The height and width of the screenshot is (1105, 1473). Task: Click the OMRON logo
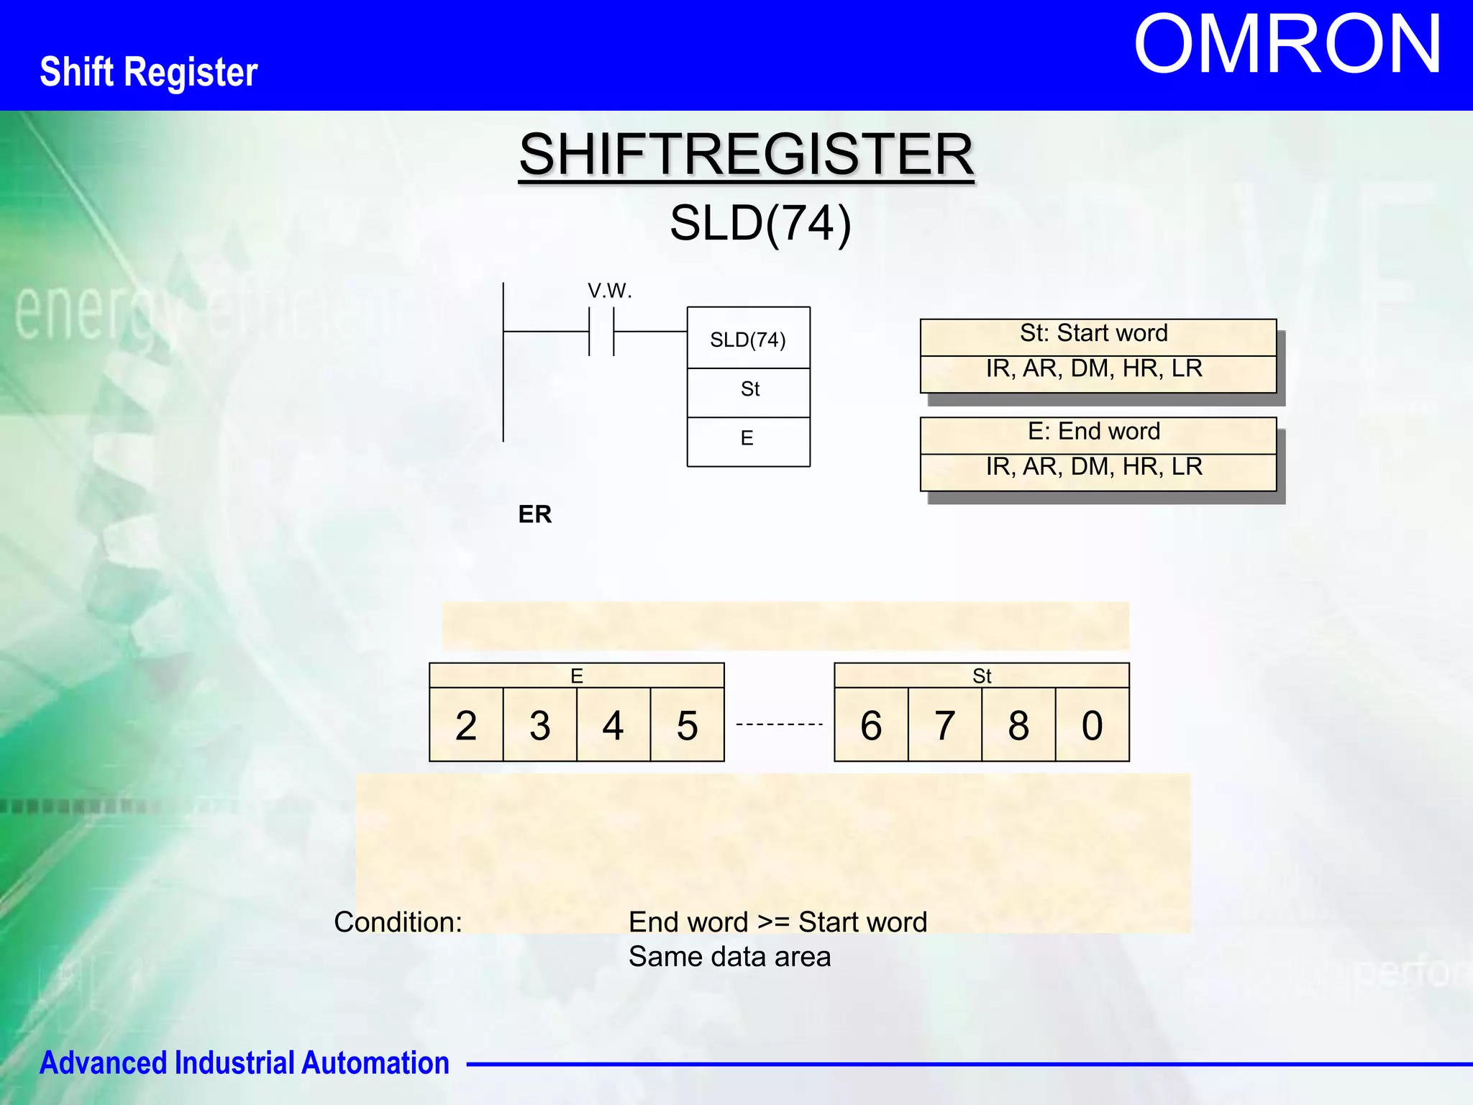[1287, 45]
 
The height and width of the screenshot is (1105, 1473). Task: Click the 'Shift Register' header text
[149, 72]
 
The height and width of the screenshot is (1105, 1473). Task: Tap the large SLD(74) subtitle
[760, 223]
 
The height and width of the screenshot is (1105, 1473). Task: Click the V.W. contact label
[609, 291]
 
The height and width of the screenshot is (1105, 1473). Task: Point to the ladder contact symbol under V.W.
[601, 332]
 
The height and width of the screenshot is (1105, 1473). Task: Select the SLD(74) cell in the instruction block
[748, 339]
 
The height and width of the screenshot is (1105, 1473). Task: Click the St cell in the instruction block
[749, 389]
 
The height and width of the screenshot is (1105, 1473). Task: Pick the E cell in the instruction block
[747, 438]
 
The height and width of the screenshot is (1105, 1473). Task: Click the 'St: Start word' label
[1093, 333]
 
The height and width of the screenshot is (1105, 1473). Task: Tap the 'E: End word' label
[1093, 431]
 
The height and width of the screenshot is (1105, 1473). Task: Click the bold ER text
[534, 514]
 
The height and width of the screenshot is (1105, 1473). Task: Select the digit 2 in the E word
[466, 725]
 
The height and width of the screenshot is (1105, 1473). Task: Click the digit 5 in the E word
[687, 725]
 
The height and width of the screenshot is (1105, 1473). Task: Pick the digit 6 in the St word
[871, 725]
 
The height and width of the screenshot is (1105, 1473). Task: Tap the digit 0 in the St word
[1092, 725]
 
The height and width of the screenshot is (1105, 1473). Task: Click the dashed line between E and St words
[779, 724]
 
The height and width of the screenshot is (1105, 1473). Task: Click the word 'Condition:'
[398, 922]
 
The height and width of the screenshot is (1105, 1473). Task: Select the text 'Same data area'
[729, 957]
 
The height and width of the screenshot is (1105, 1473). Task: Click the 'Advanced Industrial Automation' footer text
[245, 1063]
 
